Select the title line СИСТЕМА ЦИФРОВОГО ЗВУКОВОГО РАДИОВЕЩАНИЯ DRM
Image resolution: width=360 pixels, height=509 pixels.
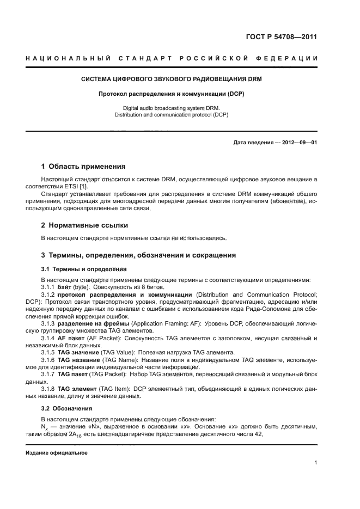[171, 79]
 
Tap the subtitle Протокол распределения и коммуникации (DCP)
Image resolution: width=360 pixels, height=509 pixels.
[171, 94]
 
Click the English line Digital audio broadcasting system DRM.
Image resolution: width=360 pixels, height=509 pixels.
[171, 108]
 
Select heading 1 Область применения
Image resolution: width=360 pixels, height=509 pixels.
[83, 166]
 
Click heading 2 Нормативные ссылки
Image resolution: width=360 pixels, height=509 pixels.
[86, 225]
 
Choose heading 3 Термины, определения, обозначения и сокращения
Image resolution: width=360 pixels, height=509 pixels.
[138, 255]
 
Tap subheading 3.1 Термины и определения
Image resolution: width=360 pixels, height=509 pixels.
[84, 269]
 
